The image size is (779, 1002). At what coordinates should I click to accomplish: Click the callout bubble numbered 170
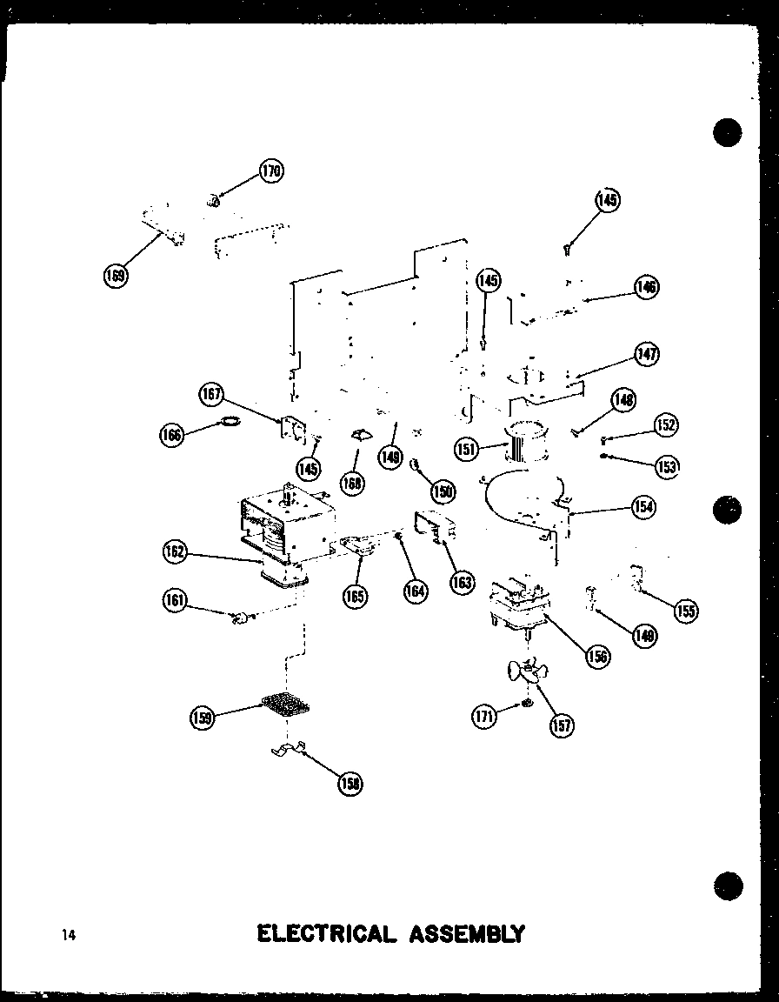pyautogui.click(x=271, y=171)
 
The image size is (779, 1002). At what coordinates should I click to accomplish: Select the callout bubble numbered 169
pyautogui.click(x=114, y=276)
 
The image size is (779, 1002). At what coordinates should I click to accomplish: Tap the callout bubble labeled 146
pyautogui.click(x=646, y=288)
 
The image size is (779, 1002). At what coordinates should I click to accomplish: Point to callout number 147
pyautogui.click(x=646, y=354)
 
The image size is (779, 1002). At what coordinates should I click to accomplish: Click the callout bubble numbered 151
pyautogui.click(x=467, y=449)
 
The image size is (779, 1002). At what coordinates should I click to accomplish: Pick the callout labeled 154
pyautogui.click(x=643, y=507)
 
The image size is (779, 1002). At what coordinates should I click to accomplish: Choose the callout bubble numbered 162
pyautogui.click(x=174, y=551)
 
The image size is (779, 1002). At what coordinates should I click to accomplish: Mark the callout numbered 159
pyautogui.click(x=202, y=718)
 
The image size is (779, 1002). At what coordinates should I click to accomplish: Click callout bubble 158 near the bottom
pyautogui.click(x=350, y=784)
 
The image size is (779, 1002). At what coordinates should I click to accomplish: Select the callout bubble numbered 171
pyautogui.click(x=484, y=716)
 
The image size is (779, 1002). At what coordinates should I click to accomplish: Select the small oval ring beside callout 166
pyautogui.click(x=229, y=424)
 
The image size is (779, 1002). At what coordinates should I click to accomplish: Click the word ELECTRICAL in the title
pyautogui.click(x=325, y=934)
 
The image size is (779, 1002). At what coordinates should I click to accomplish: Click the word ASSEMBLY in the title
pyautogui.click(x=463, y=934)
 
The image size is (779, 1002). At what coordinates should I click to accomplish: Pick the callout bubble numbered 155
pyautogui.click(x=685, y=611)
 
